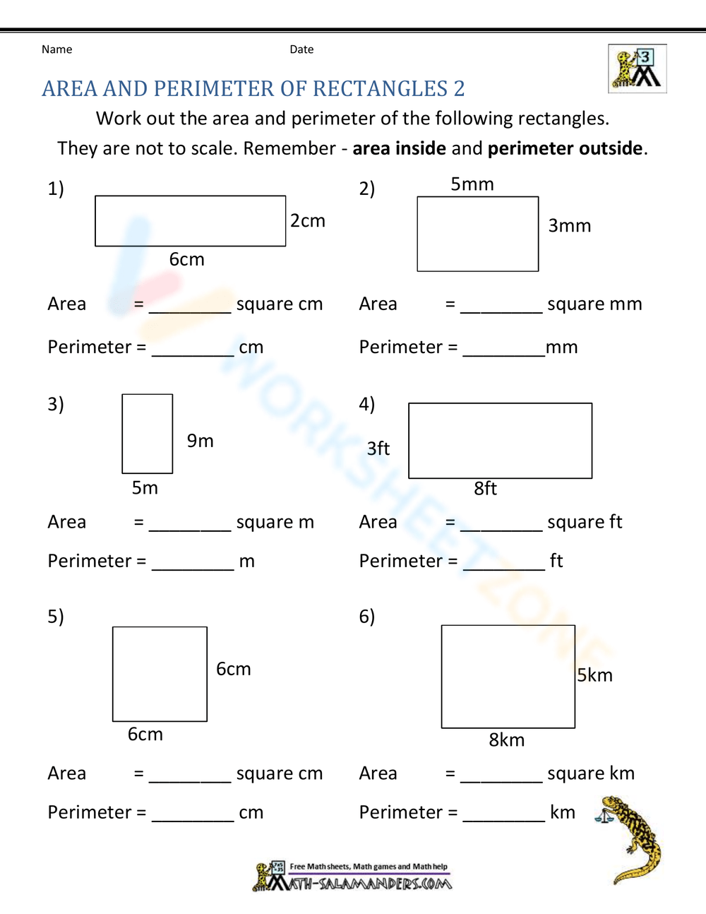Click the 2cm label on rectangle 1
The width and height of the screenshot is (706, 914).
(x=308, y=221)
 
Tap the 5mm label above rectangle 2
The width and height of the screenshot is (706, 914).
(x=472, y=184)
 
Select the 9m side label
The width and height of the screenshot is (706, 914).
(x=200, y=441)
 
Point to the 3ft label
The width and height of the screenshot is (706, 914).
(x=378, y=449)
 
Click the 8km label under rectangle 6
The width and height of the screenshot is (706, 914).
(x=507, y=740)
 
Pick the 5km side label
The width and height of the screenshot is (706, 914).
(x=595, y=675)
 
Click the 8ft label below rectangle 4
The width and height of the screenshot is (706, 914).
(x=486, y=488)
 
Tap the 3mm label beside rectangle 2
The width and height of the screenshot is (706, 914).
(x=570, y=226)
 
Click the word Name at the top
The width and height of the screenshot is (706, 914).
(x=56, y=49)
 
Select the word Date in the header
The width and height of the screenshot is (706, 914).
(x=301, y=49)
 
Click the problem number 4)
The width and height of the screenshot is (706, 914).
(x=367, y=404)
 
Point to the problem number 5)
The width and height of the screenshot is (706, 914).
(x=56, y=617)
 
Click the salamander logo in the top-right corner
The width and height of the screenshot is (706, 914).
(x=637, y=69)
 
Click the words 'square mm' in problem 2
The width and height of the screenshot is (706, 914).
(x=594, y=304)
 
